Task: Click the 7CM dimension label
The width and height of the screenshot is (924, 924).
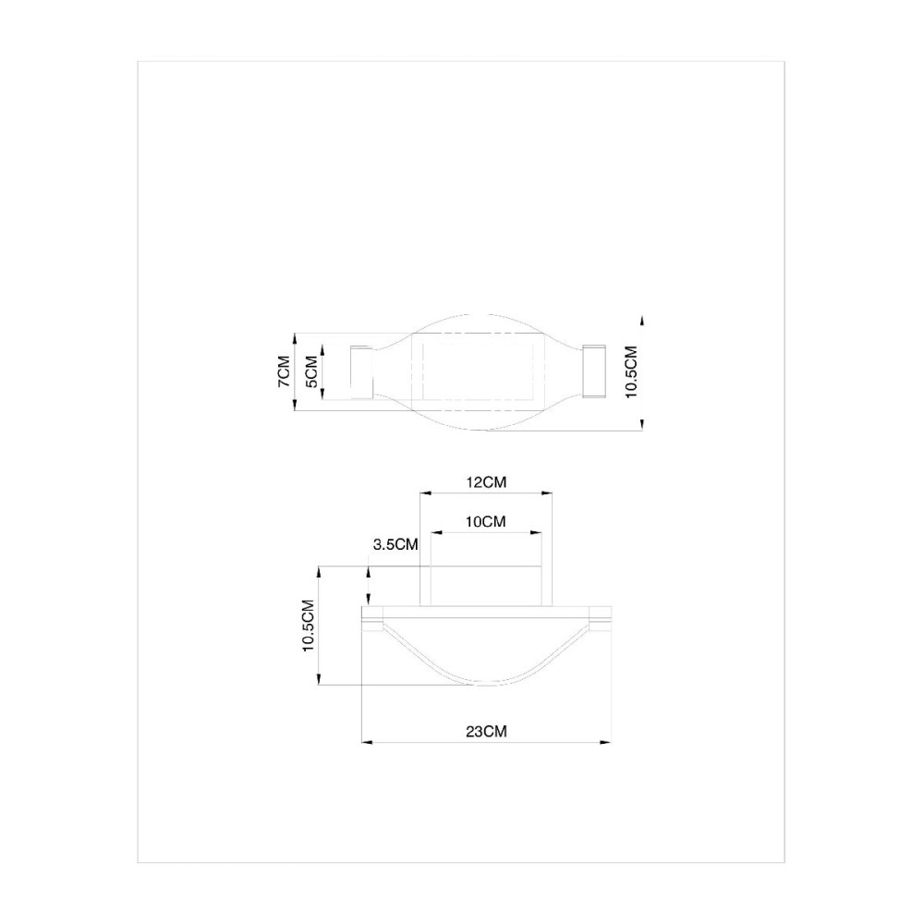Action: click(284, 371)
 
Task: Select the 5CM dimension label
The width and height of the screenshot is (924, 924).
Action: click(311, 371)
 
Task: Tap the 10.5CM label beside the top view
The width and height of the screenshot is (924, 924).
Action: click(631, 371)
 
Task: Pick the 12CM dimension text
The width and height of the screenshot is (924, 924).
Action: click(486, 482)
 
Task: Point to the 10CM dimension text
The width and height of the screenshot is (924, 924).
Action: click(486, 521)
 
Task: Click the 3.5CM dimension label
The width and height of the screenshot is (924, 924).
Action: click(395, 544)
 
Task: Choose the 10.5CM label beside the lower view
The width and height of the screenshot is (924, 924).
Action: click(308, 626)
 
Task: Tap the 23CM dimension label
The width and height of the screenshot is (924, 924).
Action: click(486, 731)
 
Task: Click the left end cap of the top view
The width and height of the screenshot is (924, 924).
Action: click(362, 371)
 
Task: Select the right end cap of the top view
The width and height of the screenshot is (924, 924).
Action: click(594, 371)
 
